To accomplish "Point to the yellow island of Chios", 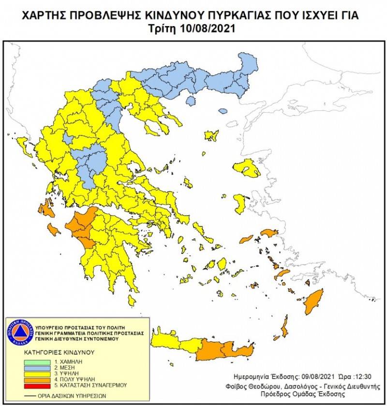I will pyautogui.click(x=239, y=203).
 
